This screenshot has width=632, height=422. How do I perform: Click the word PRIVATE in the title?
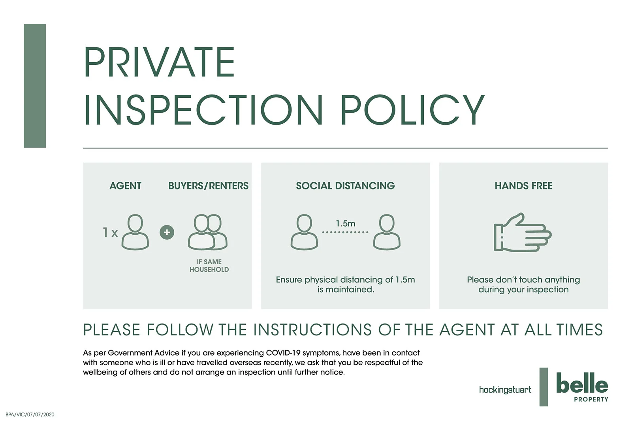(x=159, y=62)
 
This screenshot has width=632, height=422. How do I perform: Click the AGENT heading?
(x=125, y=186)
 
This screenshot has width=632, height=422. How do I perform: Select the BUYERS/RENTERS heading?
(x=209, y=186)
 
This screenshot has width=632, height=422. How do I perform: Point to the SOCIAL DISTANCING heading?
(x=345, y=186)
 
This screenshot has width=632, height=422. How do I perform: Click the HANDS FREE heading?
(x=524, y=186)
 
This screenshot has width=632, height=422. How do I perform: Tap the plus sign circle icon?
(x=167, y=232)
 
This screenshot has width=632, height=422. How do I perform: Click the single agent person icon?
(x=135, y=232)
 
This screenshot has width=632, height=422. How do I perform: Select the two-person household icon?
(x=208, y=232)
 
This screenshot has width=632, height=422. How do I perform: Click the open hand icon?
(x=523, y=232)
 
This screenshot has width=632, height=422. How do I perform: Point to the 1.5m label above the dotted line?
(x=345, y=224)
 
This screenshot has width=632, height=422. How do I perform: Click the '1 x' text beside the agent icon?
(x=110, y=233)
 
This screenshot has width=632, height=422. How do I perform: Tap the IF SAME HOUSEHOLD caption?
(x=209, y=266)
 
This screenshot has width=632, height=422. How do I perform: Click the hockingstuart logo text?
(x=505, y=390)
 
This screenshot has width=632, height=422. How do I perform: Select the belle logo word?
(x=582, y=383)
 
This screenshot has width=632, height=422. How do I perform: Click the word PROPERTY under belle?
(x=591, y=399)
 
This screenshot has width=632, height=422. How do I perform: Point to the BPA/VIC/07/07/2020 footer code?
(x=30, y=414)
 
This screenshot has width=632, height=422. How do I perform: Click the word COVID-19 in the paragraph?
(x=283, y=353)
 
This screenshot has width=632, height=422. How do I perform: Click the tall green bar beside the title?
(x=35, y=85)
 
